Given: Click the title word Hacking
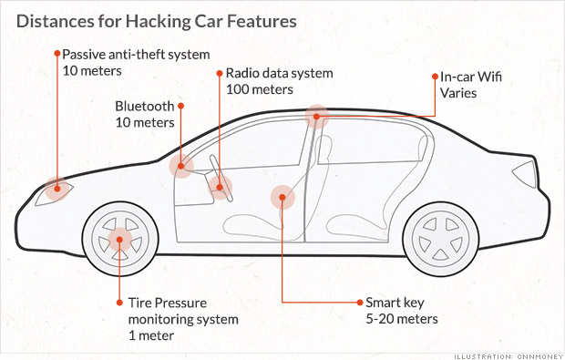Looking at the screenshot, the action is (x=157, y=22).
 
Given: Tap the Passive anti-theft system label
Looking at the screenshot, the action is (x=136, y=55).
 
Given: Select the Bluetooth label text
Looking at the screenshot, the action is (x=145, y=107).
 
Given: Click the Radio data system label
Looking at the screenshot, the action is (x=279, y=73).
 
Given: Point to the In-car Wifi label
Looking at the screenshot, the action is (x=471, y=77).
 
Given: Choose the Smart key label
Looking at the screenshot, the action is (x=395, y=303).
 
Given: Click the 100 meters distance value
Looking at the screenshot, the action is (x=260, y=89).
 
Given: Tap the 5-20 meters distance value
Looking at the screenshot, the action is (x=402, y=319).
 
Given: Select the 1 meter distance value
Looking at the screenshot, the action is (x=151, y=335).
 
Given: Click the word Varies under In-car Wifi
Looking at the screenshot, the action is (x=458, y=93).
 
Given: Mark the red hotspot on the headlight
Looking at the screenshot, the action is (x=57, y=189).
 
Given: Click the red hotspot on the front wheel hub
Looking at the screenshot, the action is (x=119, y=240).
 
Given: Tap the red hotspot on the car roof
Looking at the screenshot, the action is (x=316, y=117).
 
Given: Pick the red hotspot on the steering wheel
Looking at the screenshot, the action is (x=220, y=188).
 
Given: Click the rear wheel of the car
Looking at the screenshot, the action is (x=440, y=239).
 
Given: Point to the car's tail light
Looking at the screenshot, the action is (x=526, y=174).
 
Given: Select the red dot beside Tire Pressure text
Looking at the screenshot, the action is (x=119, y=303).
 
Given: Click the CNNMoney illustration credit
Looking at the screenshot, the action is (x=508, y=356).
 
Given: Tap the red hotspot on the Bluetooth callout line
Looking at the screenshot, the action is (x=181, y=166).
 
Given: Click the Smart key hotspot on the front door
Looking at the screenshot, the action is (x=282, y=197).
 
